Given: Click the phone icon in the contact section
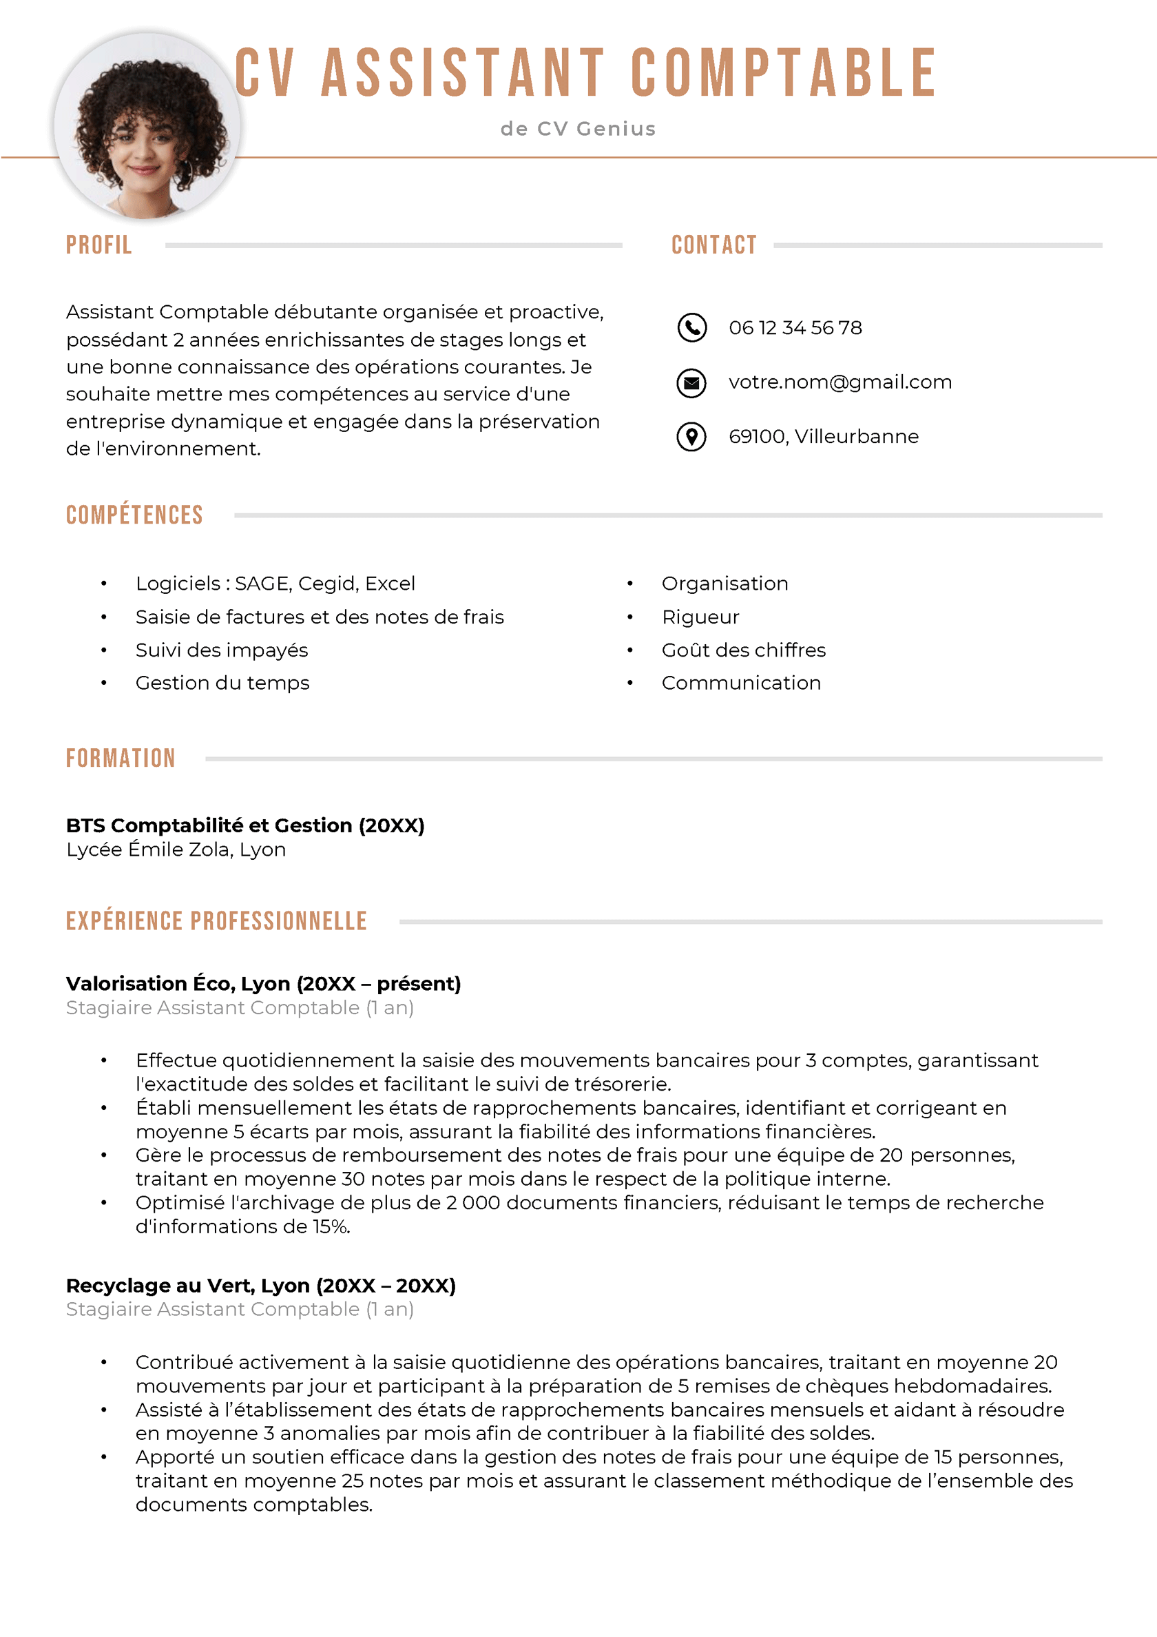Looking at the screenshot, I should (691, 327).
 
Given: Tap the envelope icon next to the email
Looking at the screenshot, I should (691, 382).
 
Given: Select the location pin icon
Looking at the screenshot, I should (691, 436).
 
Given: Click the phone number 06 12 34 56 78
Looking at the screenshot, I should (795, 328).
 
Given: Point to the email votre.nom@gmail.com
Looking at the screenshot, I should (840, 382).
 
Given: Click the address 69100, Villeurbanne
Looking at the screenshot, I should (824, 436).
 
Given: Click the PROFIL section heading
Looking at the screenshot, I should (99, 245).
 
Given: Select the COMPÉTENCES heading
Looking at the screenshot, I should (135, 515).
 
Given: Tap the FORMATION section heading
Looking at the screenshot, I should (121, 758).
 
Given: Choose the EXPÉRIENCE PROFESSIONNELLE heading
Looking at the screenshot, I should (216, 920).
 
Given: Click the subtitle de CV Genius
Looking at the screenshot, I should (577, 129).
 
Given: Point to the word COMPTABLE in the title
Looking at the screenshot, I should (783, 73).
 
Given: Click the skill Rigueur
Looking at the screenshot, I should (700, 617).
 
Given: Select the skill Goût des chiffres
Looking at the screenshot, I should (743, 650).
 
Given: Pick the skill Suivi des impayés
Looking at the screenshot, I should (222, 650).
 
